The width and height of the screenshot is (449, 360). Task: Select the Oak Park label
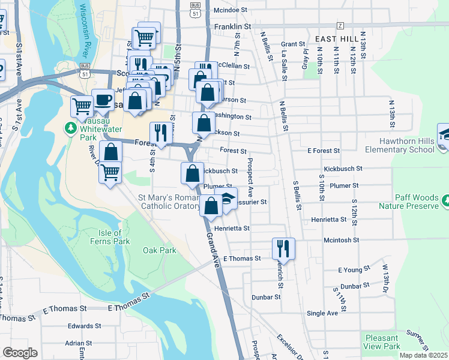[x=160, y=250]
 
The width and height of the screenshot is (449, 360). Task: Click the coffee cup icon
[x=103, y=99]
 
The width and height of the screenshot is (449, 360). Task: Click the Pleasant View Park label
[x=382, y=342]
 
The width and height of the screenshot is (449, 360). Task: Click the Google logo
[x=20, y=353]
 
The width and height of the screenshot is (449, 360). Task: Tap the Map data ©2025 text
[x=423, y=355]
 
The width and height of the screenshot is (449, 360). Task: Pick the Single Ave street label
[x=322, y=313]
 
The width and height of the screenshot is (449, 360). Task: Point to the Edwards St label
[x=80, y=326]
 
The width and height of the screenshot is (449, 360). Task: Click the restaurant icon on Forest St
[x=160, y=133]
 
